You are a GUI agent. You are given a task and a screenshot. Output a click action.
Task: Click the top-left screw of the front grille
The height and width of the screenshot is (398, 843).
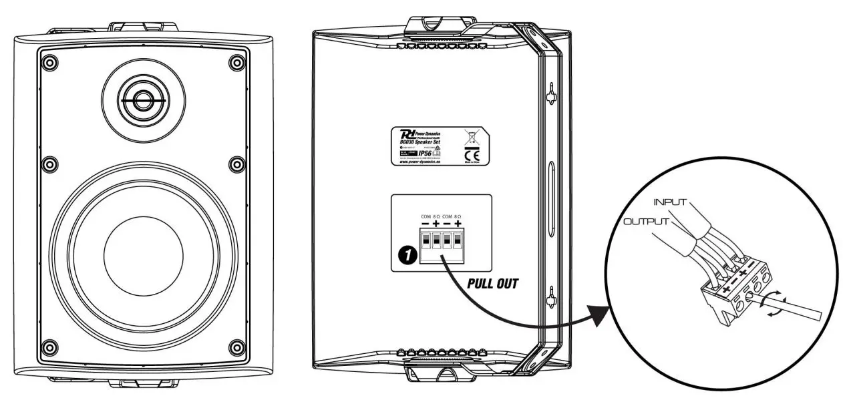[x=49, y=62]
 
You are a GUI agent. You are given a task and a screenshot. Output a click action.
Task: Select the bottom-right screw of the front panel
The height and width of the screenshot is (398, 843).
[x=236, y=347]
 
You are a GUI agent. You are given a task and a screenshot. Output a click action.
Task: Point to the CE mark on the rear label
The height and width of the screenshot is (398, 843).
[x=468, y=157]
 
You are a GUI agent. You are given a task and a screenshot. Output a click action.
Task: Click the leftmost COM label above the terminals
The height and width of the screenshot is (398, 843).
[x=426, y=216]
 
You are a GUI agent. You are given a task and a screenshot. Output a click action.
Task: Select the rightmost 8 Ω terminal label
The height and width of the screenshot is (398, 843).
[x=458, y=216]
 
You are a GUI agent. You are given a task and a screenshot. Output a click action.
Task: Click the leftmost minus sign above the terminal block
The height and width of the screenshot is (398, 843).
[x=425, y=224]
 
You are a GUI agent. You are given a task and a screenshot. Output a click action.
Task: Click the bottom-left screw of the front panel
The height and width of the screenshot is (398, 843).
[x=49, y=347]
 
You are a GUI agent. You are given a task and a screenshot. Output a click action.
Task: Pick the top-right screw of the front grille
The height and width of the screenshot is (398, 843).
[x=236, y=62]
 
